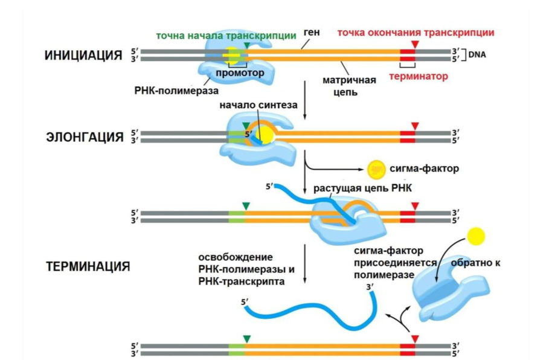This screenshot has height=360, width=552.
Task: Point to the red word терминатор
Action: [x=419, y=77]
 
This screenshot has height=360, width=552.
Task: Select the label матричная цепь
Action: [x=358, y=86]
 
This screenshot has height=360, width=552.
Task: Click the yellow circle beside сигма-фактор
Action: [x=374, y=169]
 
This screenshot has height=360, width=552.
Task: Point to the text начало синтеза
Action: [x=258, y=105]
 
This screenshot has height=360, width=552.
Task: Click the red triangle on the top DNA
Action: [x=414, y=45]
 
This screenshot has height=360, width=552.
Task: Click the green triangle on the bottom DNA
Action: [x=245, y=338]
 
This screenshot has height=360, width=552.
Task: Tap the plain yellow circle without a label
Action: [x=476, y=234]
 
